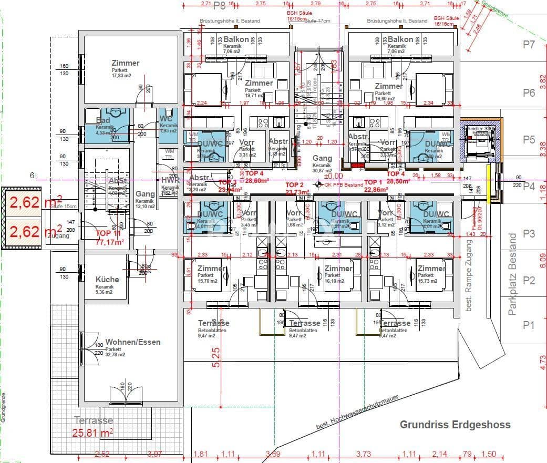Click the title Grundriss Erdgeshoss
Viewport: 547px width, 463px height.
coord(455,425)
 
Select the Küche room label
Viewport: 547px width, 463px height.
coord(107,280)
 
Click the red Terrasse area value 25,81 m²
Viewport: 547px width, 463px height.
coord(93,433)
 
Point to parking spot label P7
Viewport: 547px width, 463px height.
coord(529,45)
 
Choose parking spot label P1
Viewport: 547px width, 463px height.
coord(529,325)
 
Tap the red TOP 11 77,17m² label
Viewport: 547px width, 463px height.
coord(109,238)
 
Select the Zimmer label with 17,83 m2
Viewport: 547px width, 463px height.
coord(126,64)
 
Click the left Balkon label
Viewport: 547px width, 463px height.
coord(236,40)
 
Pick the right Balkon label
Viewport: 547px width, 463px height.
coord(400,40)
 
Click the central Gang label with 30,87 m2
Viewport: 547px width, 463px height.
coord(322,159)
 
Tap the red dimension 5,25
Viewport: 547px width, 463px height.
coord(216,358)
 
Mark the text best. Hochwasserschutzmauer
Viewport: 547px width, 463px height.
coord(358,411)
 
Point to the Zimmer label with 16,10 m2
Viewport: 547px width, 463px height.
coord(338,269)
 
